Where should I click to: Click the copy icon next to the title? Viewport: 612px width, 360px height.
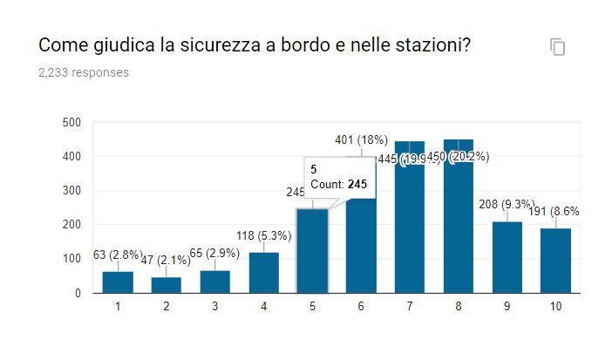coord(558,47)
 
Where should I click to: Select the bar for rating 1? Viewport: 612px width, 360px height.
coord(117,282)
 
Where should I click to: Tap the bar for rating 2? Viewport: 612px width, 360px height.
coord(166,285)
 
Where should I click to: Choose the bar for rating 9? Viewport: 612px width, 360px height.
coord(507,257)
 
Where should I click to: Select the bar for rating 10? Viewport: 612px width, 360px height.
coord(556,261)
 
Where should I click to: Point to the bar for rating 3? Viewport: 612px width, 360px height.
coord(214,282)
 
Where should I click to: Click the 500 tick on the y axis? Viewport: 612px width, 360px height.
coord(72,122)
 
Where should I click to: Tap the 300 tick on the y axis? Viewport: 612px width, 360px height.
coord(72,191)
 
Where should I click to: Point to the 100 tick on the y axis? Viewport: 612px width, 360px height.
coord(72,259)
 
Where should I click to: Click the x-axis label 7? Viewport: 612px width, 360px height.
coord(410,308)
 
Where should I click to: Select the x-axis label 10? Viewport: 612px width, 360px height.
coord(556,308)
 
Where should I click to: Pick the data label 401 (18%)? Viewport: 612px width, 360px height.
coord(362,140)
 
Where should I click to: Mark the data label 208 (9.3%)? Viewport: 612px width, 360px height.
coord(507,204)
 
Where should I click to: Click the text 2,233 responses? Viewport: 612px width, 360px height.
coord(84,72)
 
